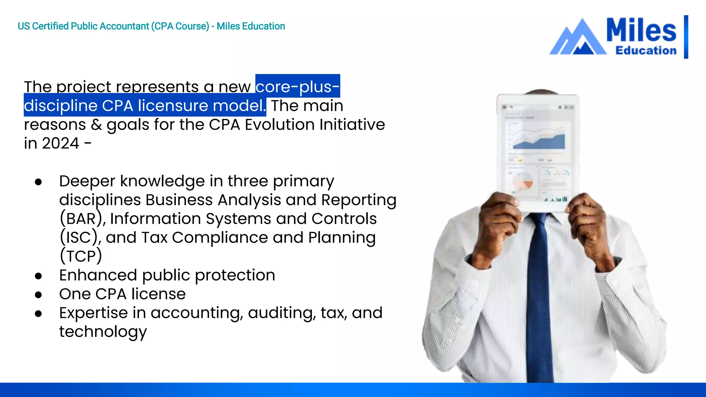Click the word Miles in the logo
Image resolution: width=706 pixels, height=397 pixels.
[x=641, y=30]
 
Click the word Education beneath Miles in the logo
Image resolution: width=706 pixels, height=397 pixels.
[x=646, y=51]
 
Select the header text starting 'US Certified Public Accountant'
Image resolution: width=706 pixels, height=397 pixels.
[x=151, y=26]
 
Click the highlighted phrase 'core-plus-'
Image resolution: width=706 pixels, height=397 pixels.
[x=297, y=86]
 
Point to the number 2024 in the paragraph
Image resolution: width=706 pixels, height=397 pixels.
[x=61, y=143]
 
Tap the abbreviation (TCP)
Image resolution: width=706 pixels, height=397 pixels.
[x=81, y=256]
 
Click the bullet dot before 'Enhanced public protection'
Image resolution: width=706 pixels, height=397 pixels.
[x=38, y=276]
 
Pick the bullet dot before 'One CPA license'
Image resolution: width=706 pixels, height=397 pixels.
[x=38, y=295]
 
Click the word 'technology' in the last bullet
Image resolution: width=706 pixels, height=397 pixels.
[x=103, y=332]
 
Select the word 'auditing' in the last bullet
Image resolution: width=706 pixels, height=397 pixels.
[x=282, y=313]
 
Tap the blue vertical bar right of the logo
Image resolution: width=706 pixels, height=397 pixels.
[x=686, y=37]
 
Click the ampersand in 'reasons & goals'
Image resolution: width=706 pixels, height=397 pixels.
[x=96, y=125]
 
